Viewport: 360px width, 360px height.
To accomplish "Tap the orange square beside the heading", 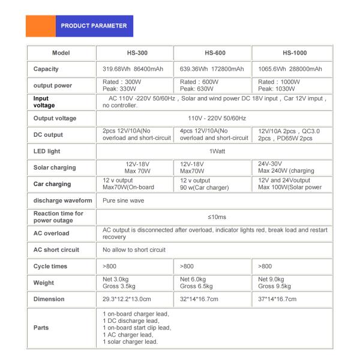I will click(40, 26).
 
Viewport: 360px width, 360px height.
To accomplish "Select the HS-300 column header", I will click(134, 53).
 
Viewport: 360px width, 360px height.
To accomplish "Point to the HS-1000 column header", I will click(292, 53).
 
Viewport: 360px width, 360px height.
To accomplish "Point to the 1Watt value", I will click(213, 151).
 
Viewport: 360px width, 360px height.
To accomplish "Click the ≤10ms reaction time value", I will click(213, 217).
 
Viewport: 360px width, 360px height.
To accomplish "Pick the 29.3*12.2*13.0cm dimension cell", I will click(128, 299).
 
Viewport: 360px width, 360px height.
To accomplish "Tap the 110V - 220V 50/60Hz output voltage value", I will click(213, 118).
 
